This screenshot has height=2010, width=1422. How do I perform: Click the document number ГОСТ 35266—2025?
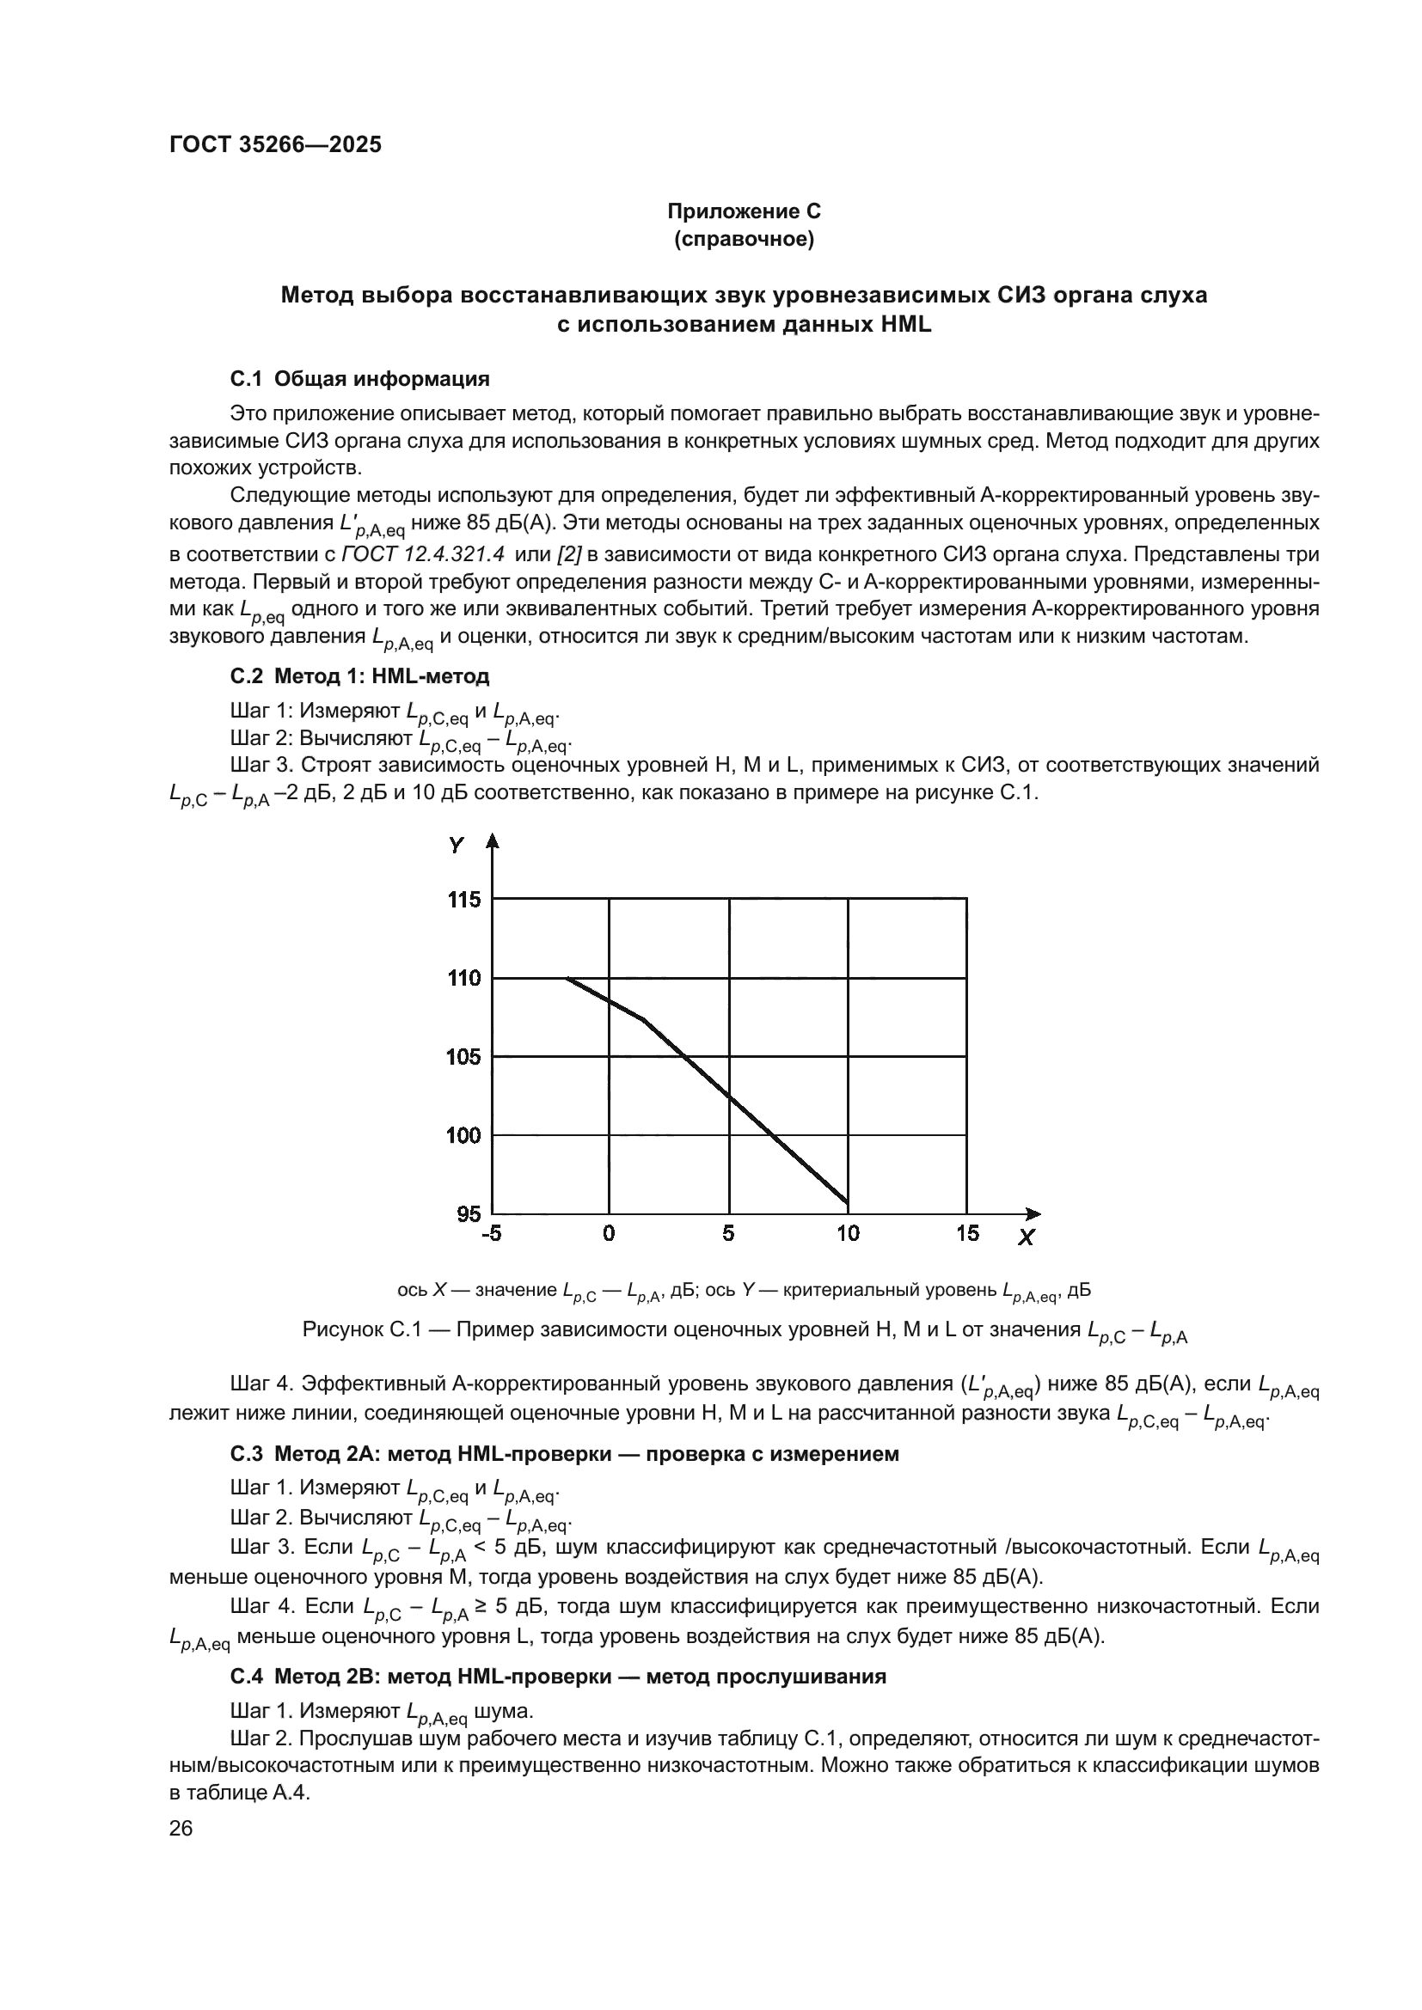click(275, 145)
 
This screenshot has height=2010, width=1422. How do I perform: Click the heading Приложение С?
click(744, 211)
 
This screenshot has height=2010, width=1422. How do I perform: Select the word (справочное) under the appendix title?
click(744, 239)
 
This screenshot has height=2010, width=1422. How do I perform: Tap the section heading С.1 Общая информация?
click(360, 379)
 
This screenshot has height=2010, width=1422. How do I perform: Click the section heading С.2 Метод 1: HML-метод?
click(360, 675)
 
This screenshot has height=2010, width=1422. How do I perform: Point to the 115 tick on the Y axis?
click(464, 900)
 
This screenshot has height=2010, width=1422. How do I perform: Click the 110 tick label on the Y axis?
click(464, 978)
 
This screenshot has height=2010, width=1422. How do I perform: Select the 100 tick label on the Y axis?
click(464, 1135)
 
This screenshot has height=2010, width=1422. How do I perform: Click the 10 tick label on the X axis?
click(848, 1233)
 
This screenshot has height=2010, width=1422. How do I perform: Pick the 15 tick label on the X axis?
click(966, 1233)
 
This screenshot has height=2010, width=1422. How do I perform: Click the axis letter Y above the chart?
click(457, 846)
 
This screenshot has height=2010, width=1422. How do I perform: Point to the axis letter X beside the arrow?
click(1027, 1237)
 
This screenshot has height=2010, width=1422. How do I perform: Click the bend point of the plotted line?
click(645, 1020)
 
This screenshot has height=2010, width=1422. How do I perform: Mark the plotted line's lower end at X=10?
click(847, 1203)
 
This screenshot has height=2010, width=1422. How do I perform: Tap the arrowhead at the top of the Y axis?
click(492, 840)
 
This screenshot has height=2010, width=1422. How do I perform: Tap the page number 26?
click(181, 1829)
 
